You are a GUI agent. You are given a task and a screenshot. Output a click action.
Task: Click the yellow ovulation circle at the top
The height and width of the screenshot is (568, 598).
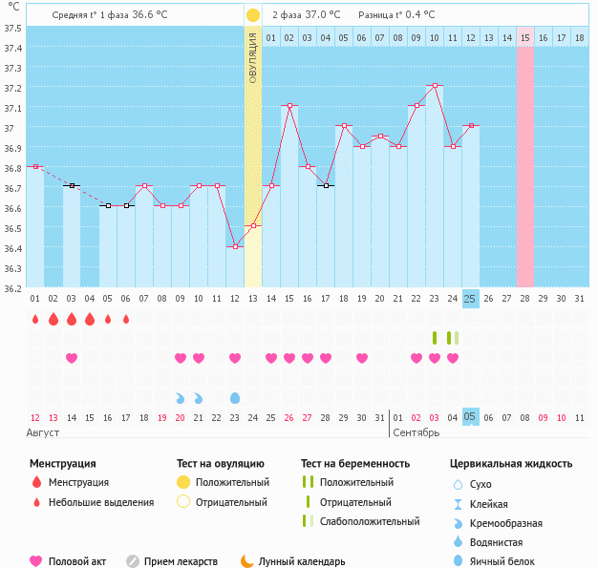(x=252, y=15)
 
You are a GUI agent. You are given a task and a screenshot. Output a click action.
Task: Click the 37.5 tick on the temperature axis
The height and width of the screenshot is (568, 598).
(x=11, y=28)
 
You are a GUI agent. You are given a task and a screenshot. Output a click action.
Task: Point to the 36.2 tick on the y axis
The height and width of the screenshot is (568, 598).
(x=11, y=287)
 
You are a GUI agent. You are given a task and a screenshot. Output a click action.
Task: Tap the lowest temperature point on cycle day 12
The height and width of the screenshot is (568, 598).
(x=235, y=246)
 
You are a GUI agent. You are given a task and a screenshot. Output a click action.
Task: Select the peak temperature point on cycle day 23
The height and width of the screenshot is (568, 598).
(x=435, y=86)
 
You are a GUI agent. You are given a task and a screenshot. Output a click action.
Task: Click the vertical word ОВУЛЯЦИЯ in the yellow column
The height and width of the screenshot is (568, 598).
(x=253, y=57)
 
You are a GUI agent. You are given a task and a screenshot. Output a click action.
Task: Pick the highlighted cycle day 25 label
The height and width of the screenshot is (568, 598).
(x=470, y=299)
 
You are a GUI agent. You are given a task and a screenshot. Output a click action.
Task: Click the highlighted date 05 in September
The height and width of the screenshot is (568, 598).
(x=470, y=417)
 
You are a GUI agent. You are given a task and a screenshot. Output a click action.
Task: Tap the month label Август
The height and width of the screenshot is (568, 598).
(x=45, y=432)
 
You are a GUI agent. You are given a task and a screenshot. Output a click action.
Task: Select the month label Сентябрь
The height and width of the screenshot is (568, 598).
(x=416, y=432)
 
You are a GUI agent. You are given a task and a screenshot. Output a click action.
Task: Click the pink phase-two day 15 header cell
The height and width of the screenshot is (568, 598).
(x=525, y=37)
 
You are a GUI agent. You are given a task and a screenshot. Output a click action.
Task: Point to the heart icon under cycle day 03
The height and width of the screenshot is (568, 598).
(x=72, y=358)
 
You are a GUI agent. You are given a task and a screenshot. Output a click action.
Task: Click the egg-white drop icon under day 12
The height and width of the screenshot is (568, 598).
(x=235, y=397)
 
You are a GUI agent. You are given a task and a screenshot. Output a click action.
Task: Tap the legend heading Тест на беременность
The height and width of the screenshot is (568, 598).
(x=355, y=464)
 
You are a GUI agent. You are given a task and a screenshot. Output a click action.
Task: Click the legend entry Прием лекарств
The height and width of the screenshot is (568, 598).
(x=180, y=561)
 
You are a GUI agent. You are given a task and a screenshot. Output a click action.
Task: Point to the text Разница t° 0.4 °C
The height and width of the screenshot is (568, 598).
(x=396, y=15)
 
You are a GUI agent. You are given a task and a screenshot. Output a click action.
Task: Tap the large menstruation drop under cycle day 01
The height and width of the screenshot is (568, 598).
(x=35, y=319)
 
